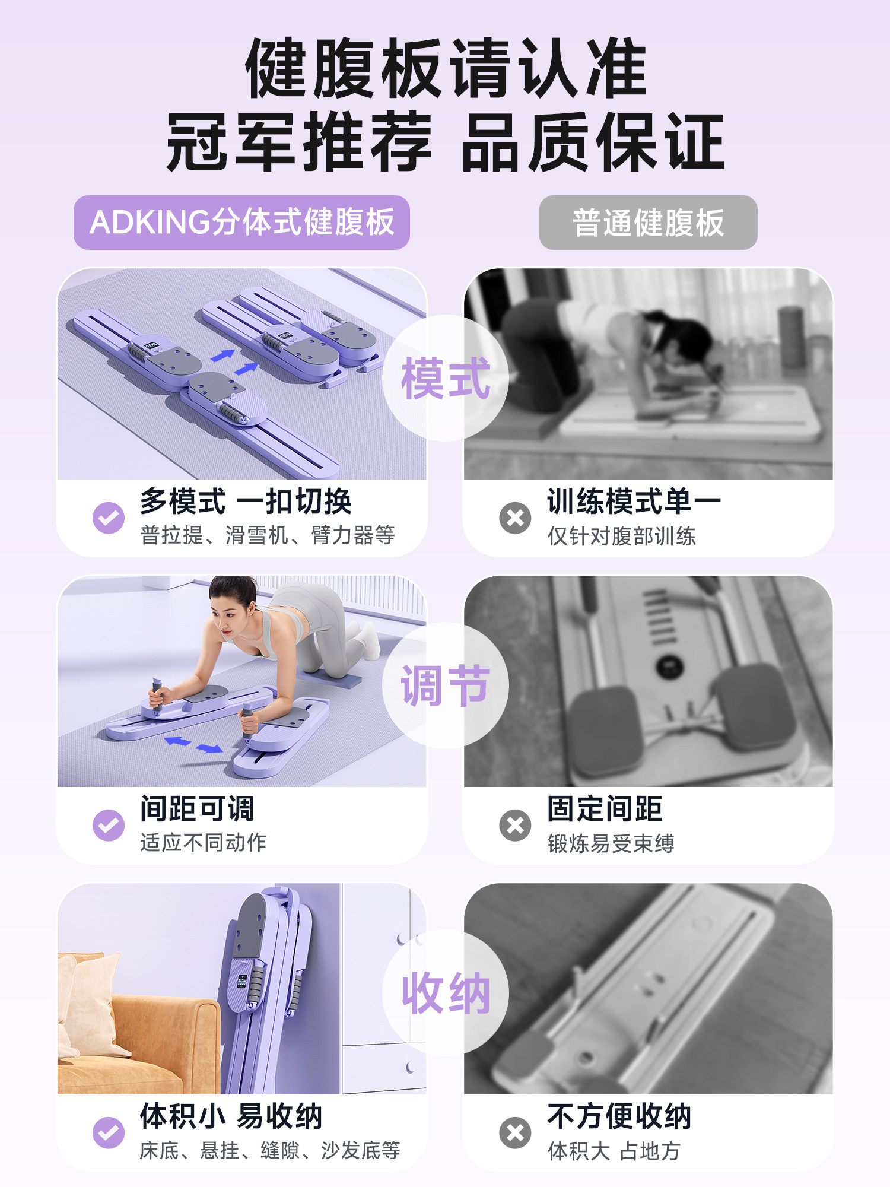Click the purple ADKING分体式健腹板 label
(x=241, y=223)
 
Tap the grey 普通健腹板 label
(x=648, y=223)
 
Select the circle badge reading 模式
(x=446, y=378)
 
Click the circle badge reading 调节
(x=446, y=685)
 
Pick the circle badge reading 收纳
(x=446, y=993)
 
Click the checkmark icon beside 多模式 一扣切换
(x=109, y=518)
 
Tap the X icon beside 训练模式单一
(x=515, y=518)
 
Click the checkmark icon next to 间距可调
(x=109, y=825)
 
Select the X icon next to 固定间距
(x=515, y=825)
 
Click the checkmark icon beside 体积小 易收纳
(x=109, y=1132)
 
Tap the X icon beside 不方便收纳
(x=515, y=1132)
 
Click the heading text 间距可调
(x=198, y=808)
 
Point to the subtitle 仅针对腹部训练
(x=621, y=536)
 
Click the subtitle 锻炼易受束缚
(x=611, y=843)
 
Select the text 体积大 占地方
(x=614, y=1151)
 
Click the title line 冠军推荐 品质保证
(x=445, y=142)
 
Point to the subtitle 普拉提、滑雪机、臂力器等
(x=268, y=535)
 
